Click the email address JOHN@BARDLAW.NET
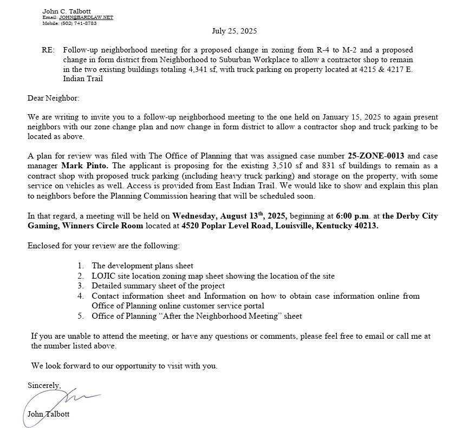(x=86, y=17)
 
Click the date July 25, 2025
(x=234, y=31)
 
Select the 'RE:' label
(x=48, y=50)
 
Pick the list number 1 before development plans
(x=81, y=266)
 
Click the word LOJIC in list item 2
(x=103, y=276)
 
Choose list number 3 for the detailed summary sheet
(x=81, y=286)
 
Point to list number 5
(x=81, y=316)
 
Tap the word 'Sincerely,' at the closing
(x=44, y=385)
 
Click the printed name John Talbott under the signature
(x=48, y=414)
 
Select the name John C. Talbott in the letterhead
(x=67, y=11)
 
